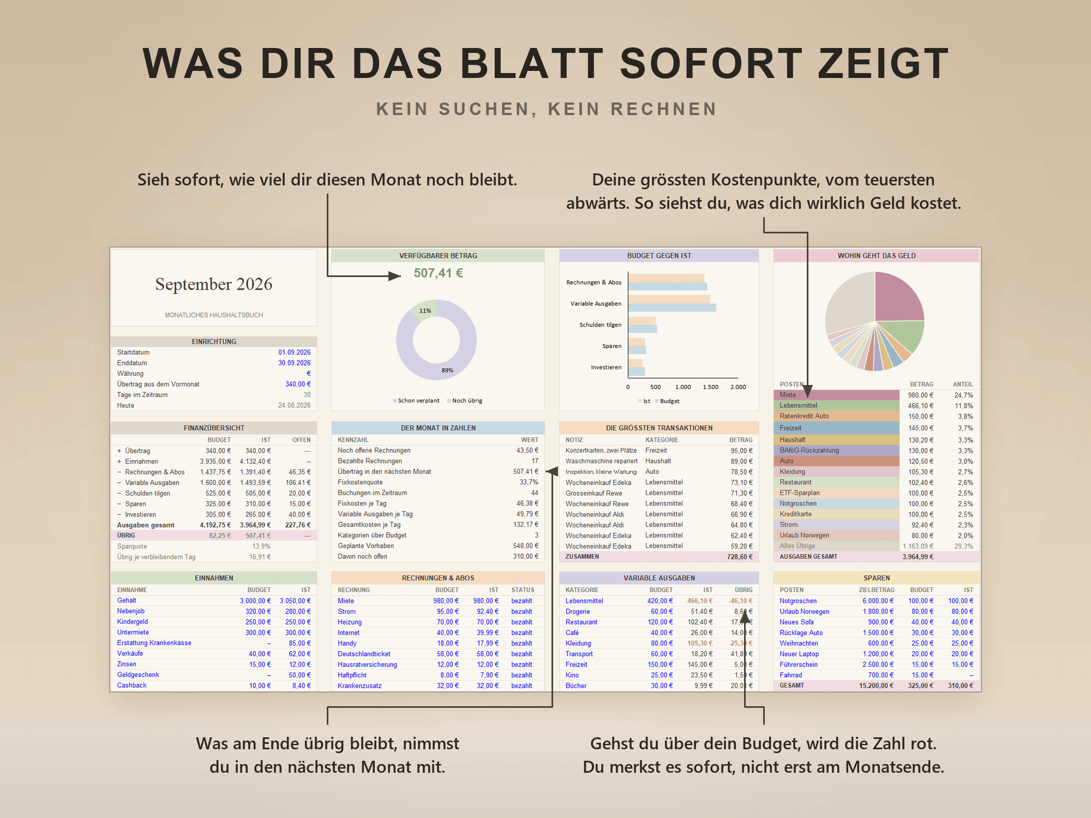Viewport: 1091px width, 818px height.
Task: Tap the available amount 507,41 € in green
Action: [x=438, y=273]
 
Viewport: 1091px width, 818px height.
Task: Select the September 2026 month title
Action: [x=214, y=284]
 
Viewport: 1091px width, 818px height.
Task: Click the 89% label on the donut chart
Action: [x=447, y=370]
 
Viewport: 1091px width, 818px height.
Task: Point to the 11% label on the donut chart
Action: [x=425, y=311]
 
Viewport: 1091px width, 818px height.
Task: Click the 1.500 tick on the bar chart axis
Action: [x=710, y=387]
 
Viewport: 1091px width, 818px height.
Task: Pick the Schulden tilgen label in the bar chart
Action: [x=600, y=325]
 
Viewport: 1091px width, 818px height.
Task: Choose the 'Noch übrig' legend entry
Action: [x=467, y=401]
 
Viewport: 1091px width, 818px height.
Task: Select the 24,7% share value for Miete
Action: [x=963, y=395]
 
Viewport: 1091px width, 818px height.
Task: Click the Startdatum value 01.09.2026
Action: [x=294, y=353]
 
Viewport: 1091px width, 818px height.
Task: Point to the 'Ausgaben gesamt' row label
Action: [x=146, y=525]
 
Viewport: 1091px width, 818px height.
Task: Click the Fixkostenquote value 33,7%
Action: [x=529, y=483]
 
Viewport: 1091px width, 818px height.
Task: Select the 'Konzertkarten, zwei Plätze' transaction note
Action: [x=601, y=450]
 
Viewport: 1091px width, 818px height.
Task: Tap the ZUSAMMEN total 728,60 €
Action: [x=740, y=557]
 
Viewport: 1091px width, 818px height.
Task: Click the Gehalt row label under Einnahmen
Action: [x=127, y=600]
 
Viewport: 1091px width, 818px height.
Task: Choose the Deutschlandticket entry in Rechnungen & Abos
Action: [x=364, y=654]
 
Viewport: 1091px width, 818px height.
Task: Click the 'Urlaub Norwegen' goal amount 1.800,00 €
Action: [x=878, y=611]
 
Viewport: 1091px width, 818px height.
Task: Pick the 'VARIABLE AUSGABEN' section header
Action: [x=659, y=578]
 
